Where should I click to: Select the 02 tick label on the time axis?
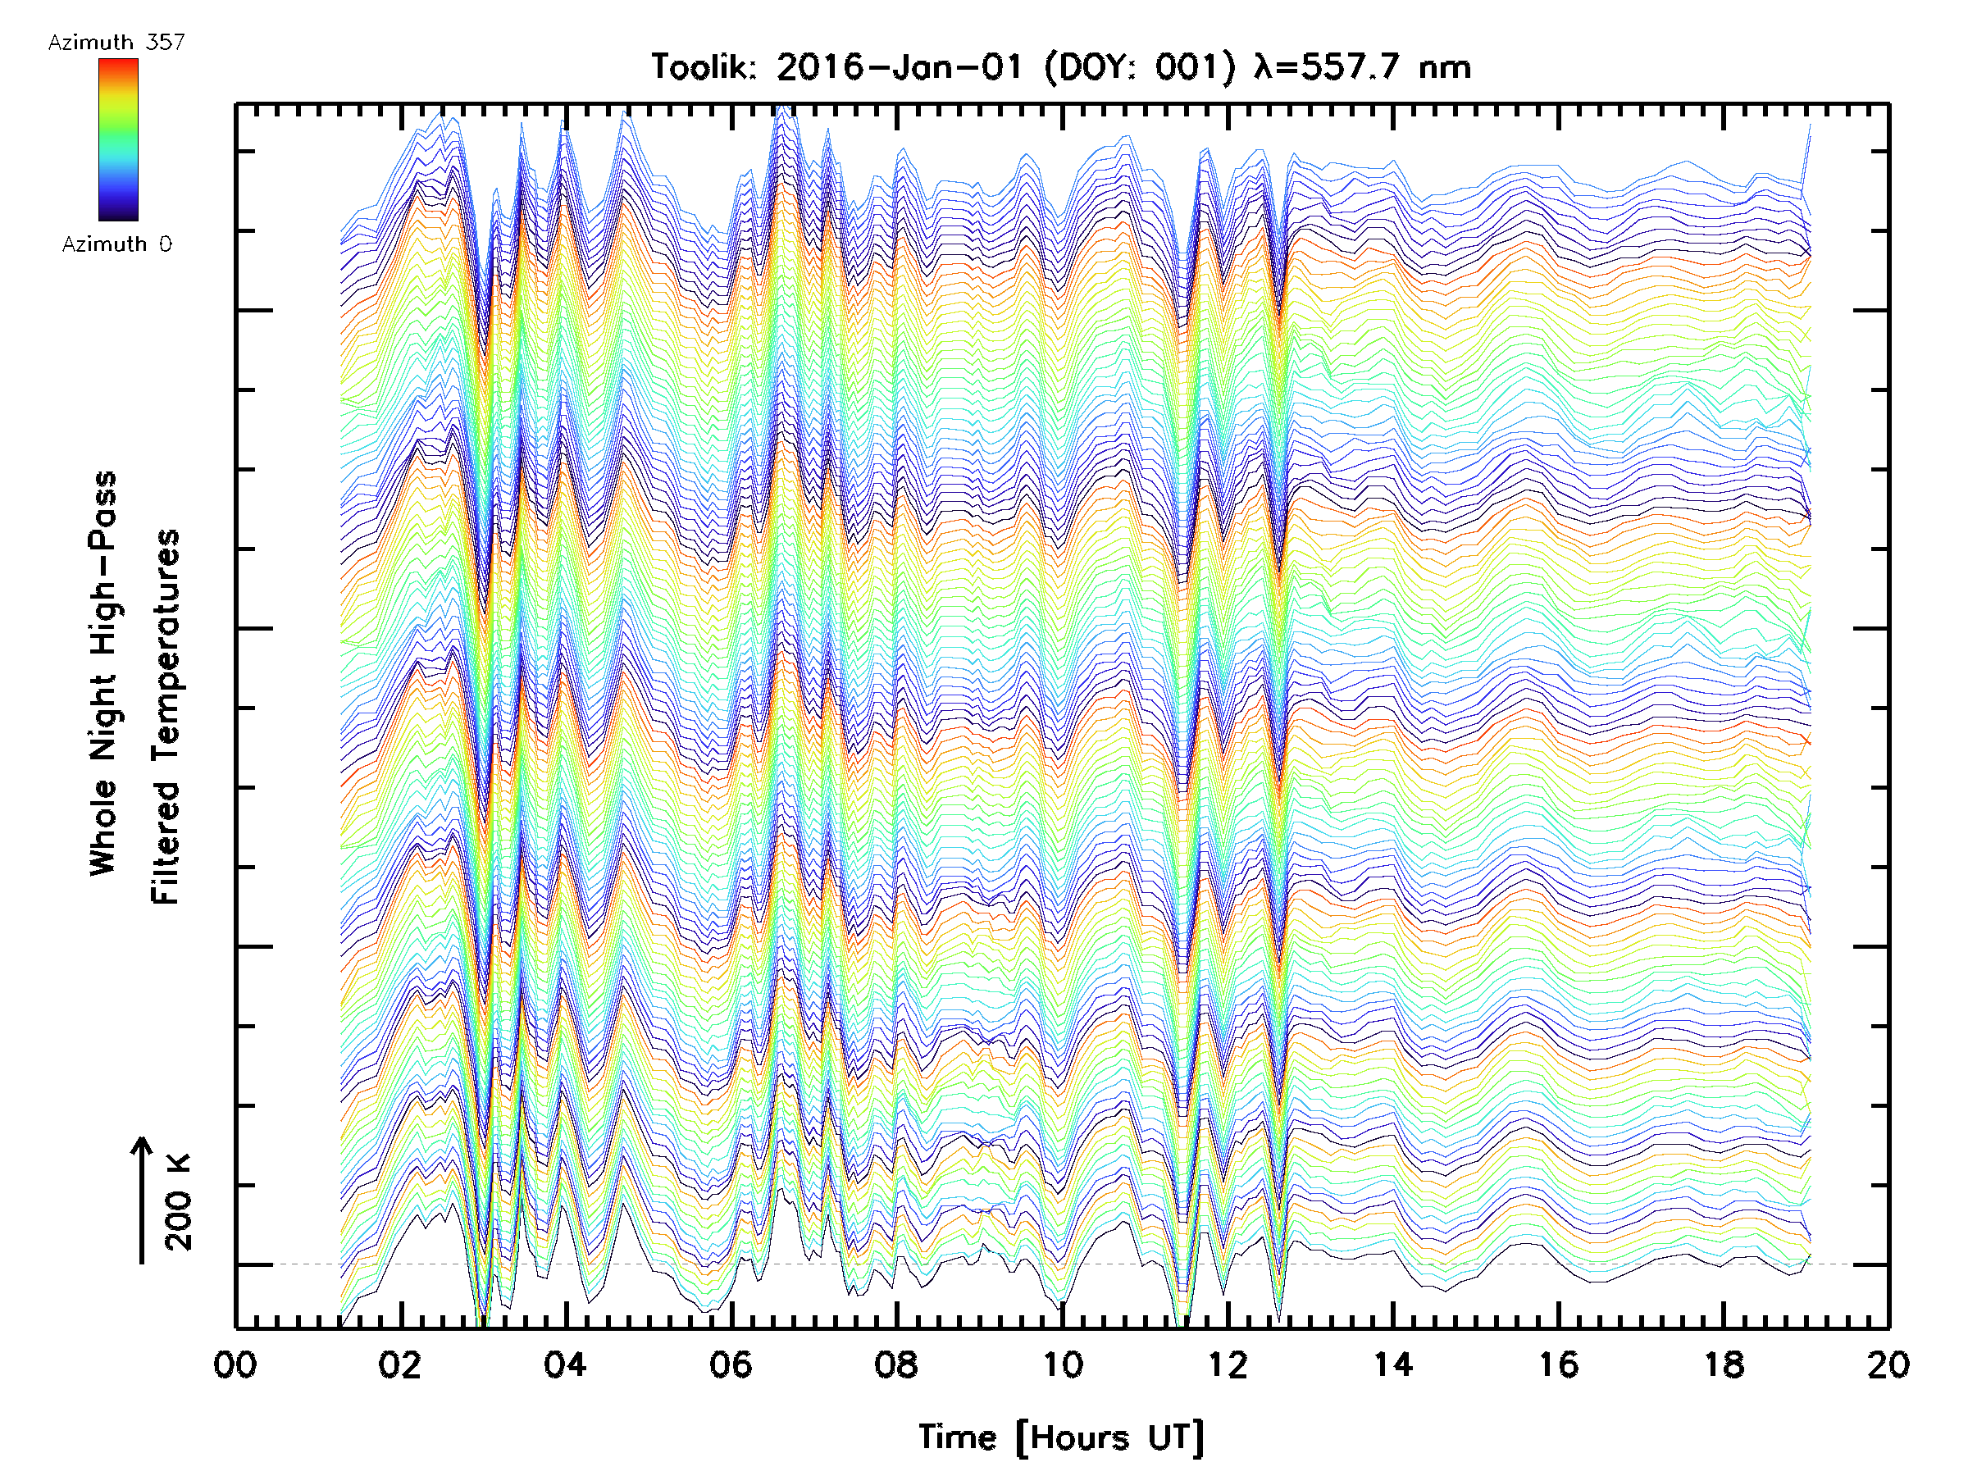[x=400, y=1364]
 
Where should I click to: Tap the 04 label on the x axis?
[x=565, y=1364]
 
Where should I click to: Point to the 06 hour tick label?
[x=731, y=1364]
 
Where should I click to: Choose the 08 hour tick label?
[x=896, y=1364]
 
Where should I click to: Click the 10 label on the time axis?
[x=1061, y=1364]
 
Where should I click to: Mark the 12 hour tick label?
[x=1227, y=1364]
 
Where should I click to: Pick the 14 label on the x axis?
[x=1392, y=1364]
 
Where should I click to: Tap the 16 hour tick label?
[x=1558, y=1364]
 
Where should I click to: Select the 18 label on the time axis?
[x=1724, y=1364]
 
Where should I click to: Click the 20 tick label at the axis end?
[x=1888, y=1364]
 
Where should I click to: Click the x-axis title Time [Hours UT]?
[x=1060, y=1437]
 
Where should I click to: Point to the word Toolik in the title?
[x=703, y=66]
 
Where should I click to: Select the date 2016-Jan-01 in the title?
[x=900, y=66]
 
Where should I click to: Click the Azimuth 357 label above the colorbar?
[x=116, y=42]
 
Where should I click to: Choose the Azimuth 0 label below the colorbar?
[x=116, y=244]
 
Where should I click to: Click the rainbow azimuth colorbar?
[x=118, y=139]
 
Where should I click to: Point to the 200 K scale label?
[x=179, y=1201]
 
